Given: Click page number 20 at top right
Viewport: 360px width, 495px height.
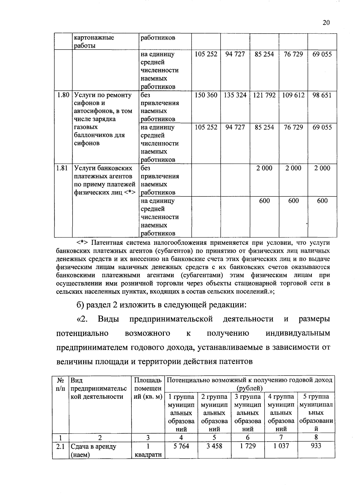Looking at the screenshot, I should (x=326, y=23).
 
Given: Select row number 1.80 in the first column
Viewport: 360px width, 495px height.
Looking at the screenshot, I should (x=63, y=95).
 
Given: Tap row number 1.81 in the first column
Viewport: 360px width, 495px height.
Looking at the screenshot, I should (x=62, y=168).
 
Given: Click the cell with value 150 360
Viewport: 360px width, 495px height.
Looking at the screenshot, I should (x=206, y=95).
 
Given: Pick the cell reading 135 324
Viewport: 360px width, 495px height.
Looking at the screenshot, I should (x=235, y=95).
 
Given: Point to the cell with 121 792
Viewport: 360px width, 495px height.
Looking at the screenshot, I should (x=264, y=95).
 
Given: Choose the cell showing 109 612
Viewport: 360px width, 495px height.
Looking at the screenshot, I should (x=293, y=95).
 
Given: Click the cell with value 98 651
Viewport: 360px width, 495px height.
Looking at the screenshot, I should (x=322, y=95).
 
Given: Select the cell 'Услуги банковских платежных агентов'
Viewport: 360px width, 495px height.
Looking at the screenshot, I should (x=104, y=180).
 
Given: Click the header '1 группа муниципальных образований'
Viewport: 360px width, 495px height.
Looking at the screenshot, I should (x=181, y=412).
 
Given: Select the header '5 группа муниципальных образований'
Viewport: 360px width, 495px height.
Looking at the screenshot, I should (x=316, y=412).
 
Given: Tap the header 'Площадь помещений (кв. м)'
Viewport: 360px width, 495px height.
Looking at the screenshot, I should (x=148, y=388).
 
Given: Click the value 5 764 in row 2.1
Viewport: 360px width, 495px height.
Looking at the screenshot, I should (x=181, y=446).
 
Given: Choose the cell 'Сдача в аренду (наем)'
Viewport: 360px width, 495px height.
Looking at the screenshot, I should (x=93, y=450).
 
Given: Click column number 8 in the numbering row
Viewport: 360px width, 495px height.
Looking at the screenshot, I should (x=316, y=437).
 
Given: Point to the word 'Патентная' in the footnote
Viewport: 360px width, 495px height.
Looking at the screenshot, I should (x=106, y=242).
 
